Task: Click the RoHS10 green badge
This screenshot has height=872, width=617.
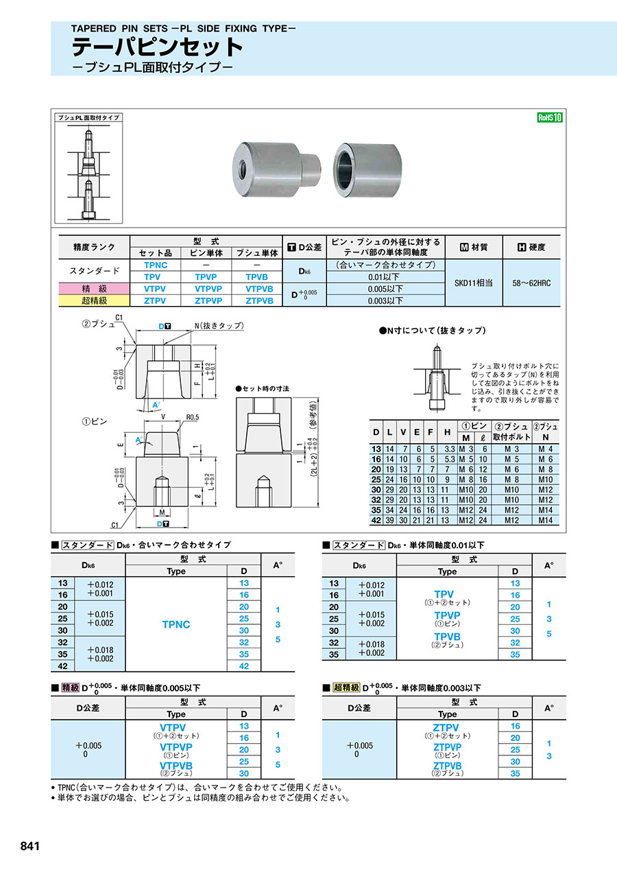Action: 549,117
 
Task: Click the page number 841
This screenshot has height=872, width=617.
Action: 30,846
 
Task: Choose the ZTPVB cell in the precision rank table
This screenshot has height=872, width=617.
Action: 259,301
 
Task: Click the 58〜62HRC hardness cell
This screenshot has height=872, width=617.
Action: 531,283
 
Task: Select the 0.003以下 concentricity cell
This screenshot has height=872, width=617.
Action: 385,301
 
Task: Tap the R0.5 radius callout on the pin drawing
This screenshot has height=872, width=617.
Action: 193,416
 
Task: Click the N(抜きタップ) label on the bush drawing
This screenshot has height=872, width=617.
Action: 219,326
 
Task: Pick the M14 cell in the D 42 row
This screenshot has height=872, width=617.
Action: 546,521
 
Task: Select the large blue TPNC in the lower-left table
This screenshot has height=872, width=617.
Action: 176,624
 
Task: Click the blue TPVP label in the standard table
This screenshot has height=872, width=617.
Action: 447,615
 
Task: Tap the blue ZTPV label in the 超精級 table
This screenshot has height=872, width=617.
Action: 446,727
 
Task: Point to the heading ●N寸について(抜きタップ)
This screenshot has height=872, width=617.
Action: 433,330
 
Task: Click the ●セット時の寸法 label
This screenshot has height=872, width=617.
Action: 262,388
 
